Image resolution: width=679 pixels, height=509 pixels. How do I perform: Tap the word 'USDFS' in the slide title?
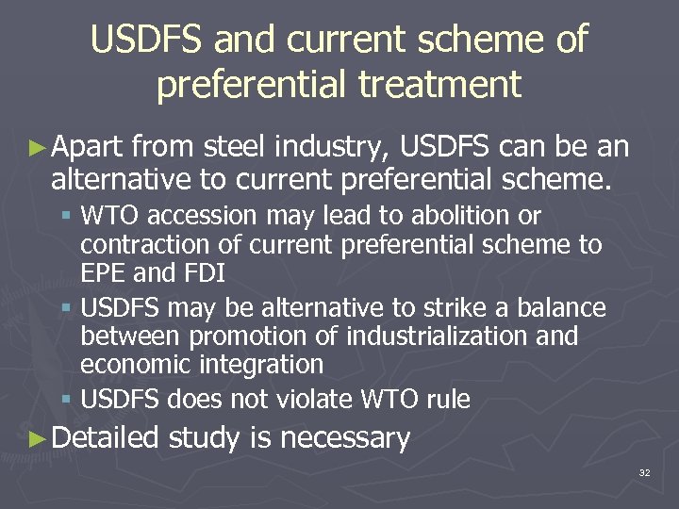click(x=149, y=40)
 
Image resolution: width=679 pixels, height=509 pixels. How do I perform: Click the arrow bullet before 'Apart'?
click(x=37, y=147)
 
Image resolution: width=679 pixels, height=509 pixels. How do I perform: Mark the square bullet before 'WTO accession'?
click(x=69, y=217)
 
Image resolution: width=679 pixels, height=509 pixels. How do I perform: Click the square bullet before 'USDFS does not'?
click(x=69, y=400)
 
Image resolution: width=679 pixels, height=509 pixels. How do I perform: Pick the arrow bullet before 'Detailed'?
click(x=37, y=438)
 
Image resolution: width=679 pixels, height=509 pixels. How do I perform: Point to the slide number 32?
click(x=644, y=471)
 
